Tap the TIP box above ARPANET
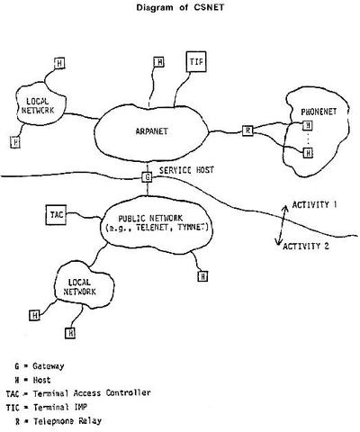(x=196, y=62)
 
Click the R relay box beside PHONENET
(x=248, y=130)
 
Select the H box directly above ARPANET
(x=158, y=62)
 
